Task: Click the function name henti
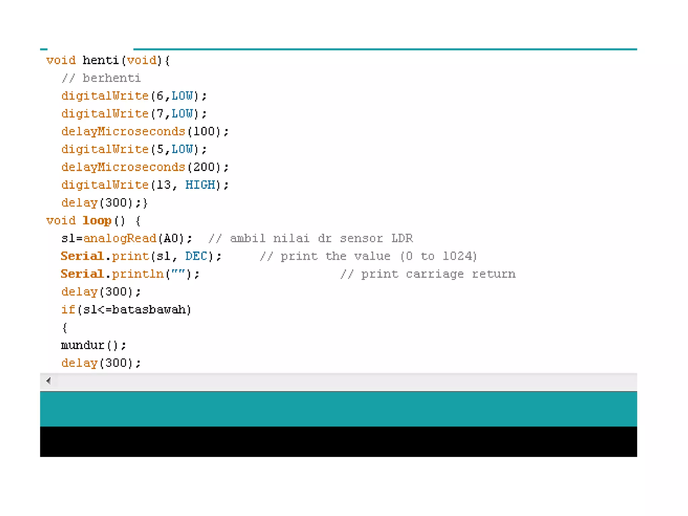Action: (x=100, y=60)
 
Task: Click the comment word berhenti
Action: (x=112, y=78)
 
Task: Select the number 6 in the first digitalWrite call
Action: (x=160, y=96)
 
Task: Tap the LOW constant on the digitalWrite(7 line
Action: (x=182, y=114)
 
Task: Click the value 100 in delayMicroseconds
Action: (x=204, y=132)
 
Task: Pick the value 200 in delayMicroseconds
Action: (x=204, y=167)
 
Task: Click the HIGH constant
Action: (x=200, y=185)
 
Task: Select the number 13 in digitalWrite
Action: (x=164, y=185)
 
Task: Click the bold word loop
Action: (x=97, y=221)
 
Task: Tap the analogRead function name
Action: (x=120, y=239)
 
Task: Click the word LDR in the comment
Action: (x=402, y=239)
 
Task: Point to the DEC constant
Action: (x=196, y=256)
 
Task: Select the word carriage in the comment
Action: (x=434, y=274)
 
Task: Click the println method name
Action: (x=138, y=274)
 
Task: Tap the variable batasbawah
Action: (x=149, y=310)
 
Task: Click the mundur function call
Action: (x=83, y=345)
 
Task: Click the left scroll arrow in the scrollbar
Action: (x=49, y=381)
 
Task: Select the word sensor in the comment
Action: (x=361, y=239)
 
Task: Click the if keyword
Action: (x=68, y=310)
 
